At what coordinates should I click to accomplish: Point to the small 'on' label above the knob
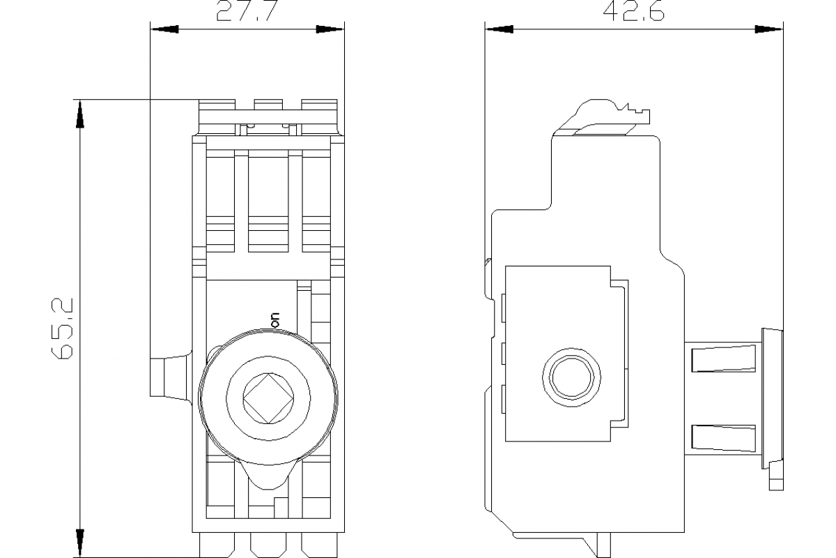(274, 319)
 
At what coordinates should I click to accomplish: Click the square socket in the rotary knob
(268, 398)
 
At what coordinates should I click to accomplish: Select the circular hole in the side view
(571, 377)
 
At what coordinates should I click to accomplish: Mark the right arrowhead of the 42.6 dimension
(770, 30)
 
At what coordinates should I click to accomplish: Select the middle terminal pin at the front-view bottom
(268, 545)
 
